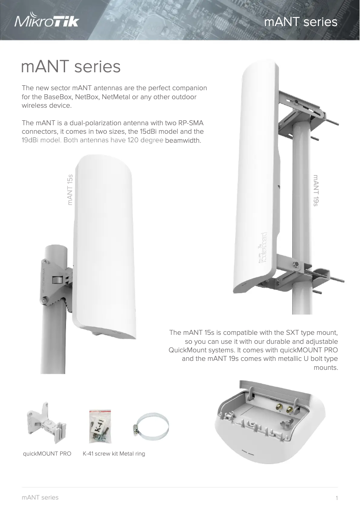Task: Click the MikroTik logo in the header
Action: [x=47, y=21]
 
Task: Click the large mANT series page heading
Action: [x=71, y=67]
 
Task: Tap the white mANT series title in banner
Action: [x=301, y=22]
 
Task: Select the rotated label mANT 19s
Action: [x=316, y=190]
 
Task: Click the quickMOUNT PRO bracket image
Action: [x=46, y=424]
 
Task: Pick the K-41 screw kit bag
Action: [x=100, y=426]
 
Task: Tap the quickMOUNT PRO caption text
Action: [x=47, y=454]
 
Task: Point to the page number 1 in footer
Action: [x=336, y=498]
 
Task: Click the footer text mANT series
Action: [x=40, y=497]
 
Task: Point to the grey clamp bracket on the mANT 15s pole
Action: [x=57, y=281]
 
